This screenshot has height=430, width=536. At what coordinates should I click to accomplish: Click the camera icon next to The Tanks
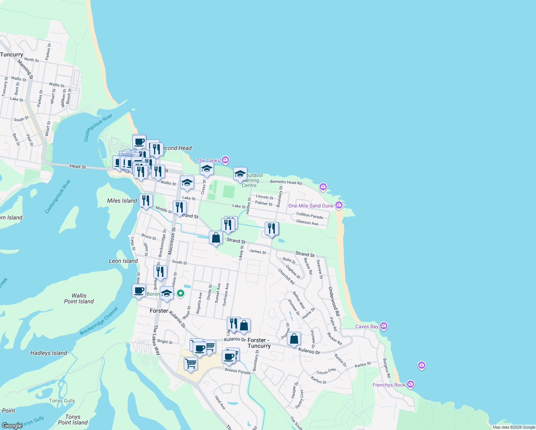click(x=225, y=160)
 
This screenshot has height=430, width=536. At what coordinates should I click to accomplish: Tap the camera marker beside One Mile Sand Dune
click(x=339, y=205)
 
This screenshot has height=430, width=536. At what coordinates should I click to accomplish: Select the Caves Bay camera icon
click(x=384, y=326)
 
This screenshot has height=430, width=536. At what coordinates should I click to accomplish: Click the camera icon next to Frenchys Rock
click(x=411, y=384)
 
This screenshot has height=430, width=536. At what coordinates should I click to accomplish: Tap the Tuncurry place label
click(x=12, y=54)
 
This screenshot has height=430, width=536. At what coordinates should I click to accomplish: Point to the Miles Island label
click(x=122, y=201)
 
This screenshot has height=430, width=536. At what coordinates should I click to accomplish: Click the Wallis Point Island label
click(x=79, y=298)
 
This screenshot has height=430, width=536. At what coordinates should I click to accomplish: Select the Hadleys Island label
click(x=49, y=353)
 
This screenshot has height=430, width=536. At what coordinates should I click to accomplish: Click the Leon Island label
click(x=123, y=261)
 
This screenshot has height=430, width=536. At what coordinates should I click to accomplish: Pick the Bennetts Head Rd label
click(x=286, y=182)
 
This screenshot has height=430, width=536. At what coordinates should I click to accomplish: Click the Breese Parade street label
click(x=238, y=372)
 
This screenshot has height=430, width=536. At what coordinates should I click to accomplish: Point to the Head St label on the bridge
click(x=78, y=166)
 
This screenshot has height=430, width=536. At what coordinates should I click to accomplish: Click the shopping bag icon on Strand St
click(x=216, y=238)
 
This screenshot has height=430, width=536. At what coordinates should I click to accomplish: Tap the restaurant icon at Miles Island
click(x=146, y=201)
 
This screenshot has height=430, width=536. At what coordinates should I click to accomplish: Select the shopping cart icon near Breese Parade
click(x=191, y=364)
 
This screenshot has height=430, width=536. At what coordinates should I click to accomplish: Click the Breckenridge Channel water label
click(x=99, y=321)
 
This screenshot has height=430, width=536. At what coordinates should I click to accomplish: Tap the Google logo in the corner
click(x=12, y=426)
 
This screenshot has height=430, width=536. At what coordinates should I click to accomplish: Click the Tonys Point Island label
click(x=73, y=420)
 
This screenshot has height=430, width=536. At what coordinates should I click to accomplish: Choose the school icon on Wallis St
click(x=187, y=183)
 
